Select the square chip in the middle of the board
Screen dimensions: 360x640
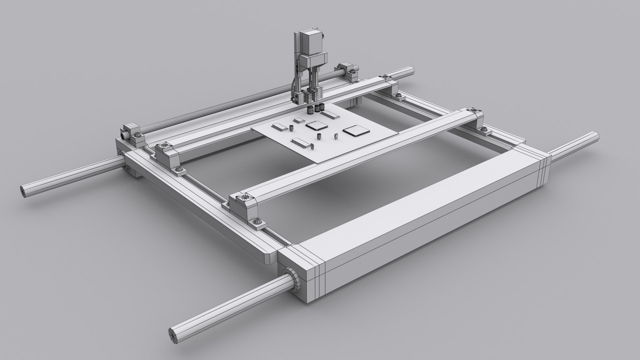[315, 126]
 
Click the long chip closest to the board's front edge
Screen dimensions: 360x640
[301, 142]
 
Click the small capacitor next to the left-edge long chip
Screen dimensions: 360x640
[291, 128]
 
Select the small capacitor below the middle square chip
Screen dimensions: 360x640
[319, 136]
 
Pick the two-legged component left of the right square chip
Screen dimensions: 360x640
[337, 136]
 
